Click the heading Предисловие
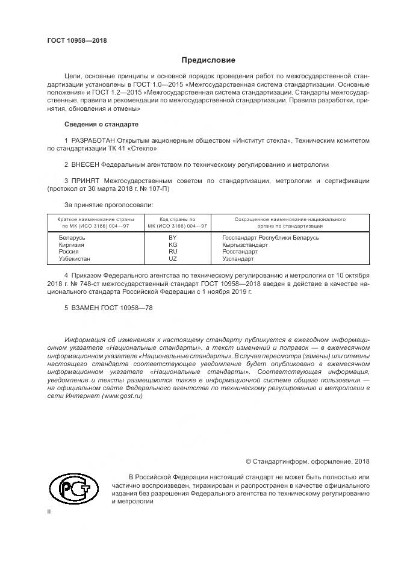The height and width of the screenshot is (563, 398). click(208, 60)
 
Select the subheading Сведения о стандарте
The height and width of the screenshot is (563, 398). click(101, 124)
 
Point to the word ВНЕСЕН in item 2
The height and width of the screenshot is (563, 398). click(85, 164)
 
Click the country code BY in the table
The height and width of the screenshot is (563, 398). click(173, 238)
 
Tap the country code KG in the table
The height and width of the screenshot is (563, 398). click(173, 245)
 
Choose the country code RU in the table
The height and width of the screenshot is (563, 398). click(173, 252)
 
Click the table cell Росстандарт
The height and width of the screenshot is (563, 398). click(239, 252)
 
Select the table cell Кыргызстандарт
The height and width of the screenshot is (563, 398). click(244, 245)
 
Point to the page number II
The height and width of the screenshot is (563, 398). click(49, 511)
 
